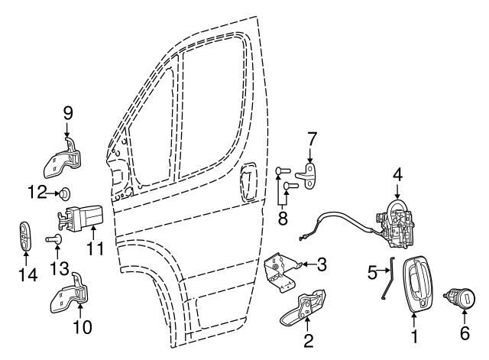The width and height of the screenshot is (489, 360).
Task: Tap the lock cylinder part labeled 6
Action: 463,296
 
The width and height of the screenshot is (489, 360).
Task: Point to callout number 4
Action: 398,174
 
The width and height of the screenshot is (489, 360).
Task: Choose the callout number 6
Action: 465,333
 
